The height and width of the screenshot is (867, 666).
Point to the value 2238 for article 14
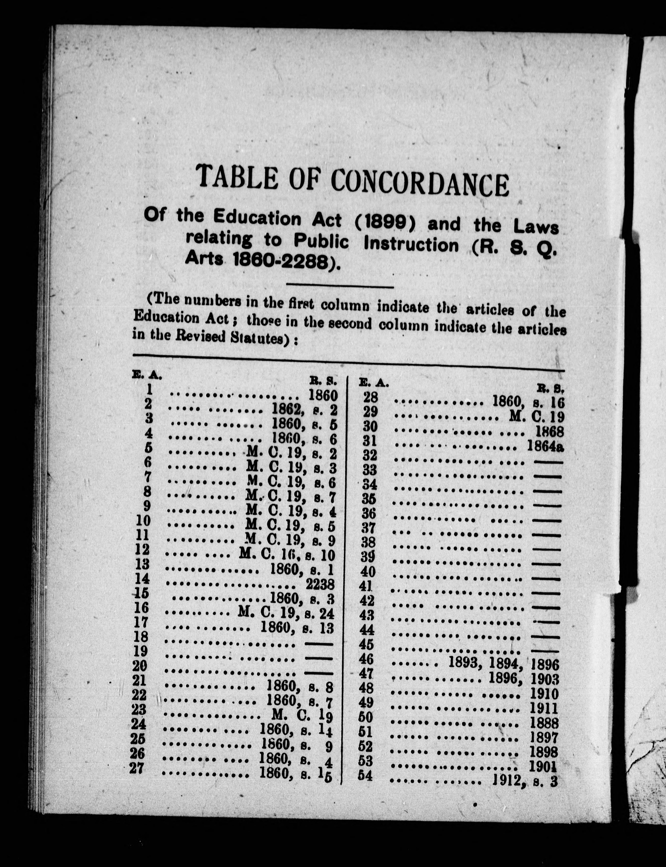tap(320, 585)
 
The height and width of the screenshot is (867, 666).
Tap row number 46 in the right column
tap(366, 659)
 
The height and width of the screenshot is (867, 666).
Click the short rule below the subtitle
tap(340, 287)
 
